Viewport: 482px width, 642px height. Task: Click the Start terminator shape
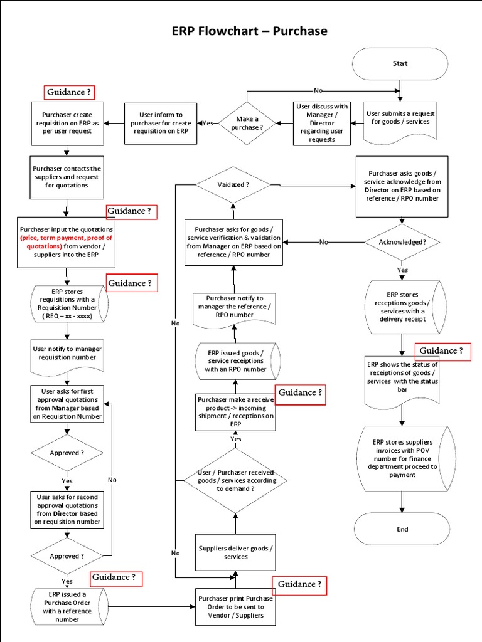400,63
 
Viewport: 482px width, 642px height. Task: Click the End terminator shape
402,529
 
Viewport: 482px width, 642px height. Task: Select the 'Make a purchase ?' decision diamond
249,123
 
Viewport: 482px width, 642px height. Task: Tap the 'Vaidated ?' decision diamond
233,185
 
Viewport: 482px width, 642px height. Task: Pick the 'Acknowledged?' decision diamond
402,242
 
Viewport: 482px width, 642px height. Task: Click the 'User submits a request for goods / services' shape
400,118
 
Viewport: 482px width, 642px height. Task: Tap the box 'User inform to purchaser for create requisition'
162,123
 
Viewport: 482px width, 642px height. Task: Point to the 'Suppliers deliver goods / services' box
236,552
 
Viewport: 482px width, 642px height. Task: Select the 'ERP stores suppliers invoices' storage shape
402,458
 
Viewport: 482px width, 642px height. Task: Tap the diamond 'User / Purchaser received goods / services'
235,480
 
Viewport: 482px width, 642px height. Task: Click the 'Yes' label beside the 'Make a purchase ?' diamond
207,123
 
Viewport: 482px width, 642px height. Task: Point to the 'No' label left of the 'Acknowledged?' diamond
323,242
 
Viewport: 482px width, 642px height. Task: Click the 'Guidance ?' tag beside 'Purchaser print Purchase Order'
300,584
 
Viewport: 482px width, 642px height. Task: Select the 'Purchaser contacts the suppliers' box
66,177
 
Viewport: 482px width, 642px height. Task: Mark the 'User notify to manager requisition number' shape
66,353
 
